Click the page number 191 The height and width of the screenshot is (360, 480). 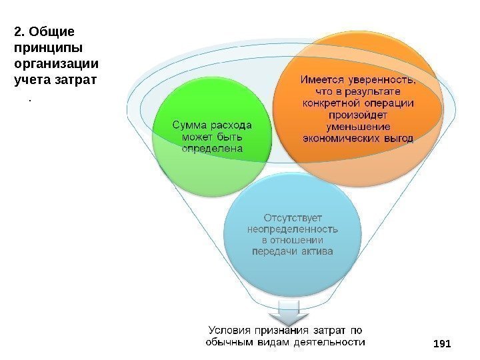click(x=442, y=343)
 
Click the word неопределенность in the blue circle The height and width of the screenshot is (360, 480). click(x=293, y=228)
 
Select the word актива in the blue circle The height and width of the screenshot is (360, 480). click(x=317, y=251)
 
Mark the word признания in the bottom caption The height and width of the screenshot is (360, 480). click(x=285, y=330)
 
